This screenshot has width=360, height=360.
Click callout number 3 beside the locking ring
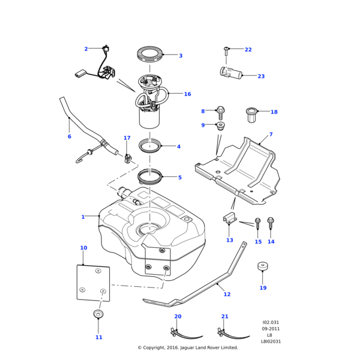181,56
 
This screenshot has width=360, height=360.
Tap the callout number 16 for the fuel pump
187,94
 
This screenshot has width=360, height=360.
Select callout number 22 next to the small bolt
248,50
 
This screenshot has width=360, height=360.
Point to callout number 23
261,76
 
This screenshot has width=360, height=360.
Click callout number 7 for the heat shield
271,134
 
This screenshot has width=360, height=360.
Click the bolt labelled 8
220,112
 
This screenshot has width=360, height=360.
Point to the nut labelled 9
220,126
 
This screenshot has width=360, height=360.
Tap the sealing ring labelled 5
150,176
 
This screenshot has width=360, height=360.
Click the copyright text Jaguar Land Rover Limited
188,347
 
